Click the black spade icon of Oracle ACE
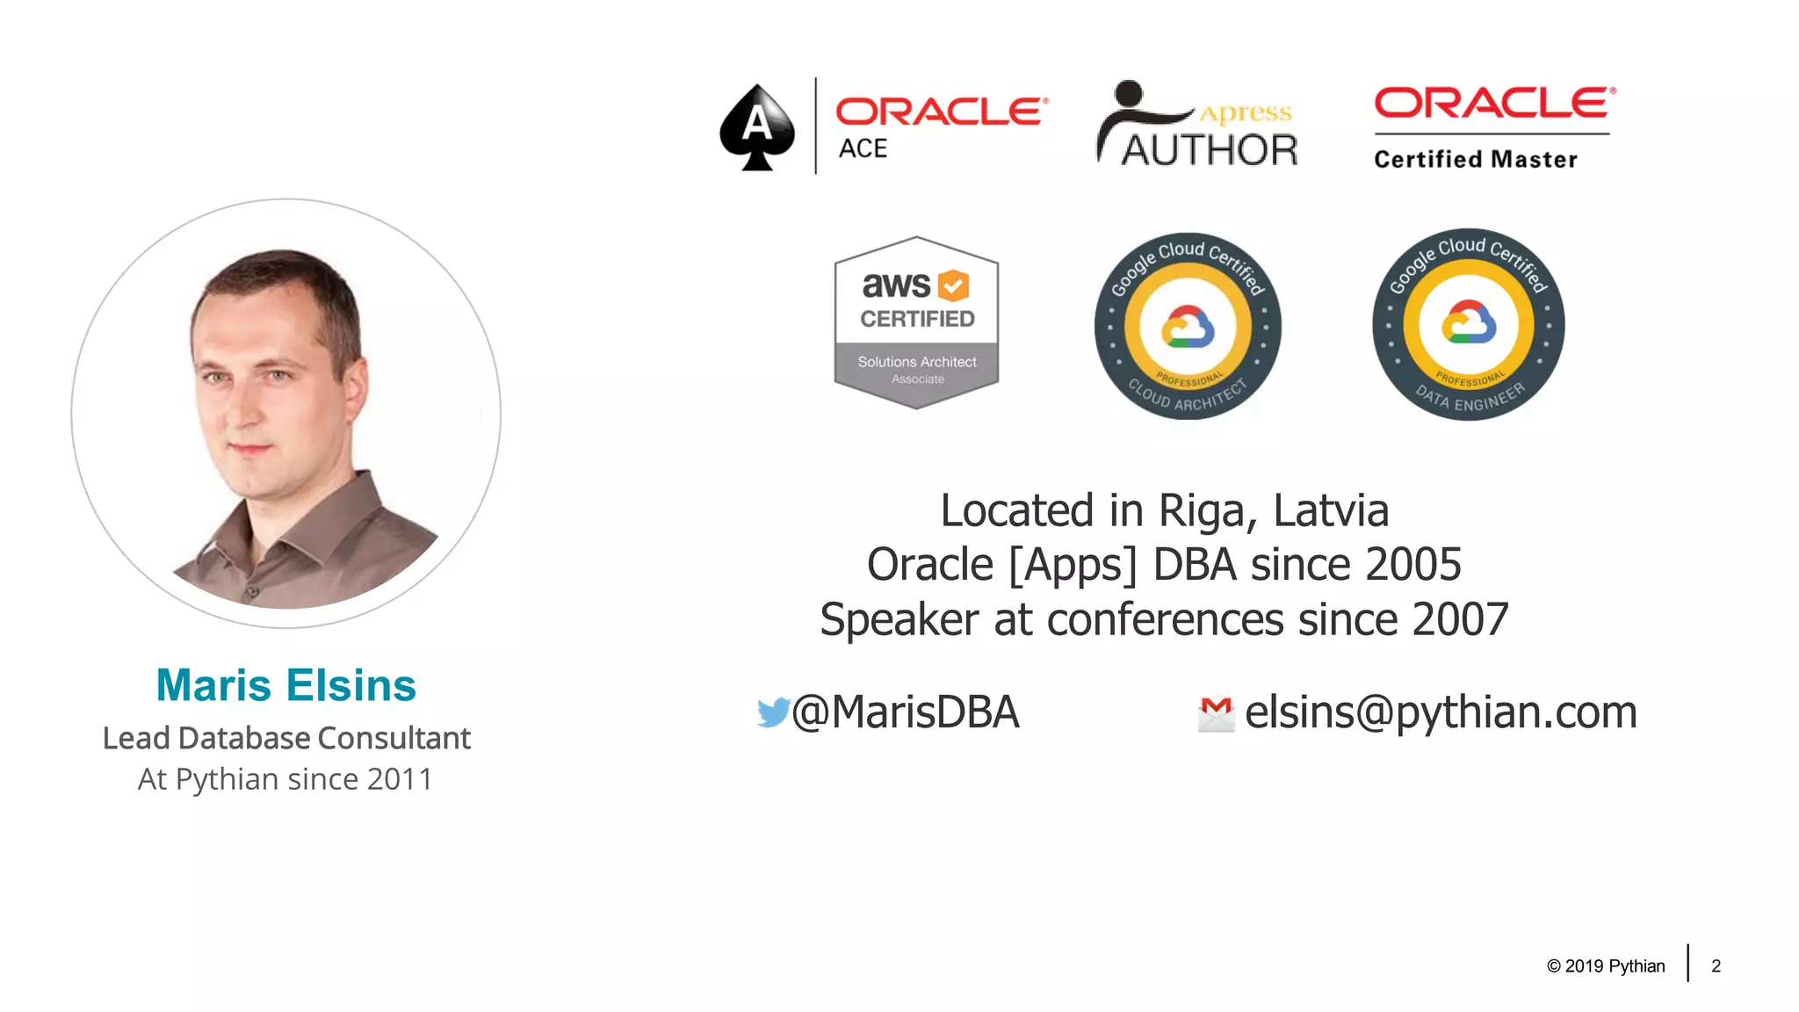point(756,127)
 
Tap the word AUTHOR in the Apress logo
point(1210,150)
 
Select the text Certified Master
point(1475,159)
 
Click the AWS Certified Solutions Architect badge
point(916,322)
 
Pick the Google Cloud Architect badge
point(1188,326)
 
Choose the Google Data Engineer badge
point(1468,324)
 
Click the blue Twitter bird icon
point(773,712)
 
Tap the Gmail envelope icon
point(1216,713)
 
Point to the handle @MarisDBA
point(906,712)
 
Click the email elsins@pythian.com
point(1441,712)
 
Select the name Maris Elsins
point(285,685)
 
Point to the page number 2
point(1716,966)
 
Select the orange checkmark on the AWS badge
point(953,286)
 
